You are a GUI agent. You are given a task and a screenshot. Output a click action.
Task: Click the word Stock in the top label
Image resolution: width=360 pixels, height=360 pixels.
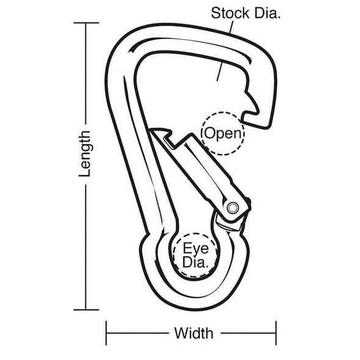pos(228,13)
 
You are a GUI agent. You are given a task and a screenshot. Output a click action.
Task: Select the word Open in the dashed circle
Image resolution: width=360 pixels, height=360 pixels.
pos(223,132)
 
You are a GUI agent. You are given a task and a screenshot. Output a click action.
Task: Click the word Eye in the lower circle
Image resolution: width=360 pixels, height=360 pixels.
pos(195,249)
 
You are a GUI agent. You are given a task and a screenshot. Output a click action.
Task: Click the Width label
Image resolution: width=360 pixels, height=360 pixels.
pos(194,333)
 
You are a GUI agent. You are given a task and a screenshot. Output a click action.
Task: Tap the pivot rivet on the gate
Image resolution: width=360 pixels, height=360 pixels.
pos(232,208)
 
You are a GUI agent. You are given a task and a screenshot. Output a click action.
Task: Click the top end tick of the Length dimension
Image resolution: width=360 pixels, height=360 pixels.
pos(86,23)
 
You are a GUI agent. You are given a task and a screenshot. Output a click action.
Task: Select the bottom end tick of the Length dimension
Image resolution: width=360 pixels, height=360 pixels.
pos(86,310)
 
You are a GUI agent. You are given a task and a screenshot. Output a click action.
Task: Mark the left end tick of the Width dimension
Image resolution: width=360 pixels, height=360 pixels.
pos(107,333)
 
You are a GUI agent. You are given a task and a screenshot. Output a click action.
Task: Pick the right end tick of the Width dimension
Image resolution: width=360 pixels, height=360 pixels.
pos(276,333)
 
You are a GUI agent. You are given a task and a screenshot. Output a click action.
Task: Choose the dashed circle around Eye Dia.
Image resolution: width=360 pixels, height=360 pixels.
pos(175,250)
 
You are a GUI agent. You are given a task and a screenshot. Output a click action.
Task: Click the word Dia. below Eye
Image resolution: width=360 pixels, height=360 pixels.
pos(195,264)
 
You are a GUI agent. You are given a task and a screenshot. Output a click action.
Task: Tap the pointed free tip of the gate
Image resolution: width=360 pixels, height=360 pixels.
pos(155,131)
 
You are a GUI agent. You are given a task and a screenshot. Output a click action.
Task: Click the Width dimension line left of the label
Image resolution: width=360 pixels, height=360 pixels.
pos(137,333)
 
